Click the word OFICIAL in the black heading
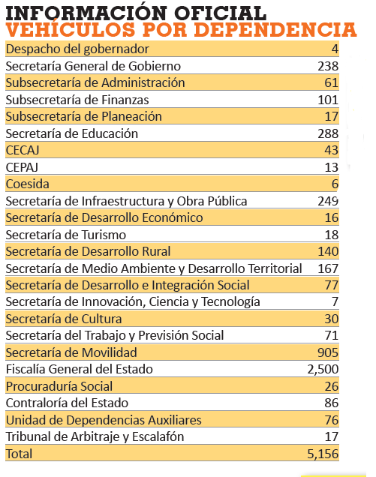(x=220, y=13)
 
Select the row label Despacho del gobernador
(x=77, y=49)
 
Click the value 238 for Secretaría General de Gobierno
(x=328, y=66)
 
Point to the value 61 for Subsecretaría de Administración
(x=331, y=82)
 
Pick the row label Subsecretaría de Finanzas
(x=77, y=100)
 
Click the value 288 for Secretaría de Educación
(x=328, y=133)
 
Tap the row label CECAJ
(x=23, y=150)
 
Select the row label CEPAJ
(x=22, y=167)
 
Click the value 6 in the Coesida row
(x=335, y=184)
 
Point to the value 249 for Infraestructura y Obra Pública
(x=328, y=201)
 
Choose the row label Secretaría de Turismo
(x=66, y=235)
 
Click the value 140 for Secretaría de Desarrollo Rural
(x=328, y=251)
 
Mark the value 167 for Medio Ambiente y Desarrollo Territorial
(x=328, y=268)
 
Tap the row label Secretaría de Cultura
(x=64, y=319)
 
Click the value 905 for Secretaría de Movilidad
(x=328, y=352)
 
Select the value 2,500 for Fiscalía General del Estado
(x=323, y=369)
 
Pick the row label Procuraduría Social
(x=59, y=386)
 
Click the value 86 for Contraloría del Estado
(x=331, y=403)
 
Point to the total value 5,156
(x=323, y=454)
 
